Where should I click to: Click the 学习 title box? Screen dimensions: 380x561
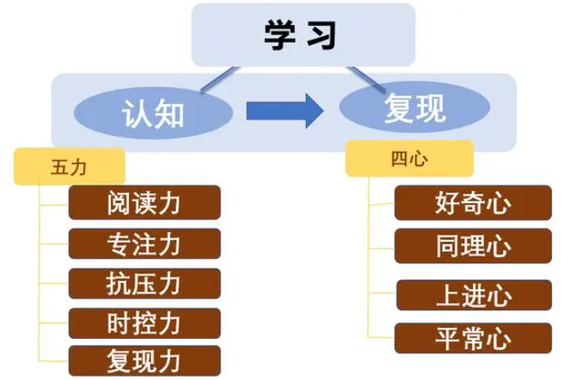303,34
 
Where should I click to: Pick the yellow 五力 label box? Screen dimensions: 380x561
70,166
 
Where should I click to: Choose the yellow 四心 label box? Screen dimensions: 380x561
409,158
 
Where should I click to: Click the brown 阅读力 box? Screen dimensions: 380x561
144,202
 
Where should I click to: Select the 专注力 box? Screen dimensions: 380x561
144,243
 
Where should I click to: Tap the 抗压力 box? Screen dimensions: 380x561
144,284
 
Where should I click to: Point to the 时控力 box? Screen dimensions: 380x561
144,323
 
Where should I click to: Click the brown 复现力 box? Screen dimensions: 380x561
144,361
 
